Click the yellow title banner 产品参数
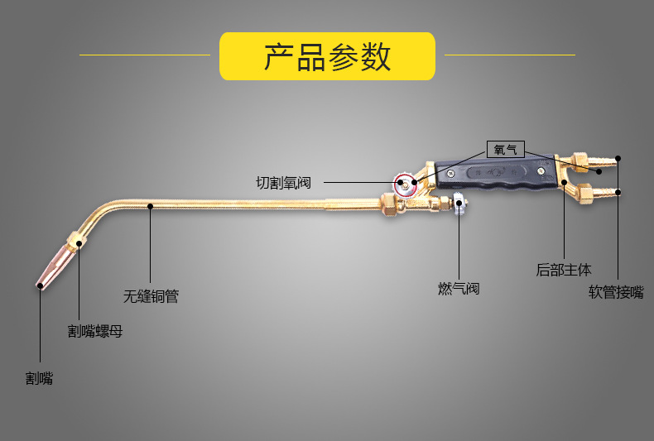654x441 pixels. pos(327,56)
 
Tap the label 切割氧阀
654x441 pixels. pos(283,182)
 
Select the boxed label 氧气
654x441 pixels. pos(505,150)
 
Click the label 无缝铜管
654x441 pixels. pos(151,296)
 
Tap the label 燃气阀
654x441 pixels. pos(459,289)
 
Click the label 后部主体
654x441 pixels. pos(564,270)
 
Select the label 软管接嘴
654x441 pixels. pos(616,292)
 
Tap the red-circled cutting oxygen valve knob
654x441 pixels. pos(406,184)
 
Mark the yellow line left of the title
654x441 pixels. pos(145,55)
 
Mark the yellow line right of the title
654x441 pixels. pos(510,55)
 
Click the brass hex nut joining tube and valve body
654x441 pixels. pos(389,204)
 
